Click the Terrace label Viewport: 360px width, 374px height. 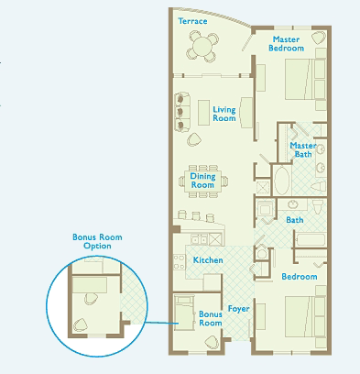(x=192, y=21)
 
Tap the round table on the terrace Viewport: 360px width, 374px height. (x=202, y=47)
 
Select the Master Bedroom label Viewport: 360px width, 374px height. (x=286, y=44)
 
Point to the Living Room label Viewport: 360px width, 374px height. (x=224, y=114)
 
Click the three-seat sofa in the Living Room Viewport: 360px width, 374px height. (x=182, y=112)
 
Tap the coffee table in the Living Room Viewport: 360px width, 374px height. (x=203, y=113)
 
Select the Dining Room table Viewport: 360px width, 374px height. (x=202, y=181)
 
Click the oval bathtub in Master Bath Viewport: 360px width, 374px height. (x=281, y=181)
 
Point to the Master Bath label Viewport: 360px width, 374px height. (x=303, y=149)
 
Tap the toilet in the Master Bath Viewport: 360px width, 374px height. (x=319, y=186)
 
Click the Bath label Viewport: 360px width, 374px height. (x=295, y=220)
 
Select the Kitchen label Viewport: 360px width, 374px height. (x=208, y=260)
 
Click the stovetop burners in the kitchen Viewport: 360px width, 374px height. (x=180, y=262)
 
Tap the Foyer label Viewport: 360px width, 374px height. (x=239, y=309)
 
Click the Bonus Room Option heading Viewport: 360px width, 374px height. (x=97, y=241)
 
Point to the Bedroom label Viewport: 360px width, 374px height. (x=300, y=277)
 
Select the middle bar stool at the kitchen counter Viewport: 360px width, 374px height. (x=196, y=215)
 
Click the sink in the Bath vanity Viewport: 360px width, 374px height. (x=293, y=203)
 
